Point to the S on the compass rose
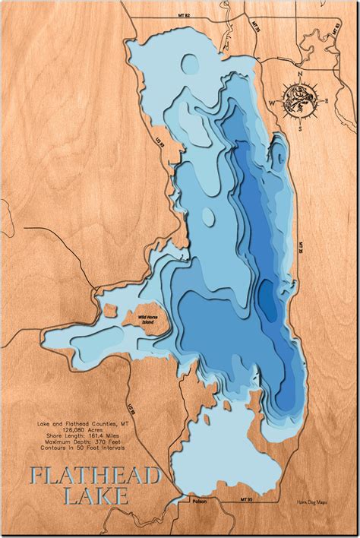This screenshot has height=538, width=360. pyautogui.click(x=300, y=128)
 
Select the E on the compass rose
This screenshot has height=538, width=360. pyautogui.click(x=327, y=100)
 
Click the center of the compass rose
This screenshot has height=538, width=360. pyautogui.click(x=300, y=97)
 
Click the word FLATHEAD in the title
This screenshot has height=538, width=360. pyautogui.click(x=95, y=476)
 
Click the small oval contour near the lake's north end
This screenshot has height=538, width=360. pyautogui.click(x=188, y=64)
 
